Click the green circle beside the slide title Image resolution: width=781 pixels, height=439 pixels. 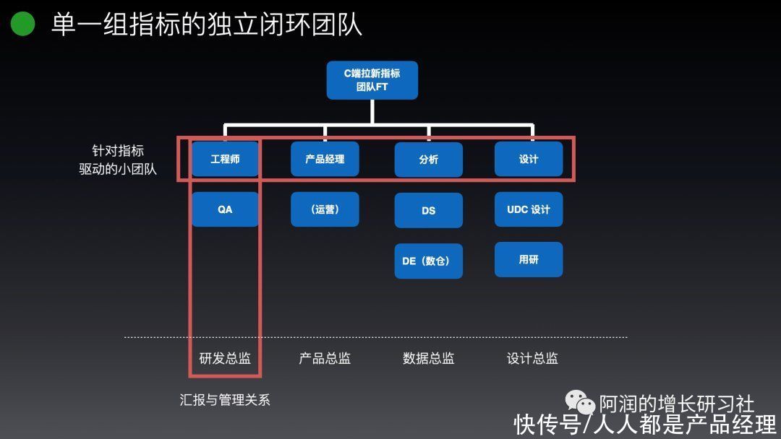point(22,23)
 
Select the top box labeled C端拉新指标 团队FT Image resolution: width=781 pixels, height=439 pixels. point(372,80)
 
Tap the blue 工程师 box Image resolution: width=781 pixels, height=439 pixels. point(225,159)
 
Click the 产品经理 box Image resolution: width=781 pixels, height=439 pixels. point(325,159)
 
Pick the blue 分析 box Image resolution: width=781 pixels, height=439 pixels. point(428,160)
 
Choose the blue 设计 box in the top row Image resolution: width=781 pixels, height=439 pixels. point(529,159)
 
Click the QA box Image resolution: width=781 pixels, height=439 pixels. point(225,209)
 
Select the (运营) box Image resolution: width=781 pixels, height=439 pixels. point(325,209)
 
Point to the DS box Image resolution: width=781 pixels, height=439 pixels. point(428,210)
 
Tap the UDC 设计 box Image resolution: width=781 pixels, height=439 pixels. point(529,209)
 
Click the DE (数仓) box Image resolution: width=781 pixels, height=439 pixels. point(428,261)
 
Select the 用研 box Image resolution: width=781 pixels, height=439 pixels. point(529,259)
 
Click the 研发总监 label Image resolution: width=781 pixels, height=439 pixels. point(225,358)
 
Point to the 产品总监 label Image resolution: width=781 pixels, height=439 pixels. point(325,358)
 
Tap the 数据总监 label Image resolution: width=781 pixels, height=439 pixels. point(428,358)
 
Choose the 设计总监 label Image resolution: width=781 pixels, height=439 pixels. point(532,358)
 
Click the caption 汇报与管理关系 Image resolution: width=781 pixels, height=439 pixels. point(225,400)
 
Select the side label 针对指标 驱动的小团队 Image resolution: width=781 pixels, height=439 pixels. point(118,160)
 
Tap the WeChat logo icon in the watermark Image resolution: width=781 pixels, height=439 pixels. point(580,401)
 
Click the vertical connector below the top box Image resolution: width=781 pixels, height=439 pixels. point(372,111)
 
